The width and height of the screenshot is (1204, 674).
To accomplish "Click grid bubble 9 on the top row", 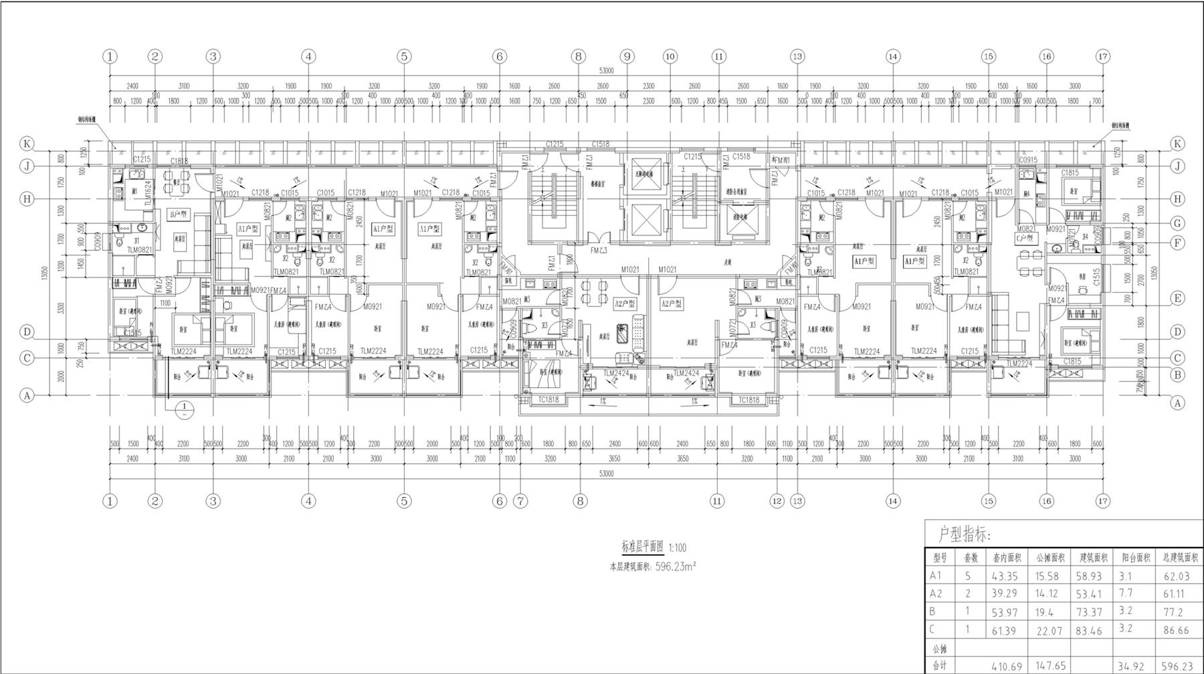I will click(x=627, y=56).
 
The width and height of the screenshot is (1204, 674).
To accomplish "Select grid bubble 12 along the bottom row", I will click(x=777, y=501).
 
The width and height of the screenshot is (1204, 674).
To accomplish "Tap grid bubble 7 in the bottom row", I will click(x=520, y=501).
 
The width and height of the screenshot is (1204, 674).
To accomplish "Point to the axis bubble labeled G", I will click(x=1178, y=223).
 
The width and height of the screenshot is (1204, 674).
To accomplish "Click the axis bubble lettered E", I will click(x=1178, y=299).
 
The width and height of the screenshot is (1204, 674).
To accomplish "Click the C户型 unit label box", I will click(x=1024, y=238).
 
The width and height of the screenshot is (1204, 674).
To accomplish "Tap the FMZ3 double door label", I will click(x=599, y=251).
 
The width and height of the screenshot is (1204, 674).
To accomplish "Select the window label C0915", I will click(x=1028, y=160).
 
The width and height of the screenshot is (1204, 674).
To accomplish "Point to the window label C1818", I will click(x=179, y=160).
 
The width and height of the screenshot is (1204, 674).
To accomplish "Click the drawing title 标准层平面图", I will click(x=642, y=546).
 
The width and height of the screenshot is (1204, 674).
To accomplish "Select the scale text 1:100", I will click(x=678, y=548).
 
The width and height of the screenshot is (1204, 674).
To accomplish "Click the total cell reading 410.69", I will click(x=1004, y=666).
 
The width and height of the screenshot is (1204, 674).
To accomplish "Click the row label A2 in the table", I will click(x=936, y=594).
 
